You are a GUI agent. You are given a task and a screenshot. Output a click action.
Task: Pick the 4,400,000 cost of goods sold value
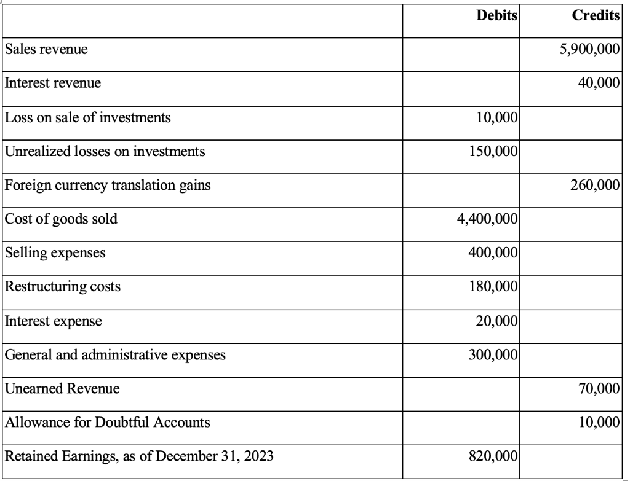[x=488, y=219]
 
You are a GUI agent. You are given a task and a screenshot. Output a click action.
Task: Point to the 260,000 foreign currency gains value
[x=595, y=185]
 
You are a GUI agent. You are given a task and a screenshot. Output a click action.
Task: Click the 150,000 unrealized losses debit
[x=494, y=151]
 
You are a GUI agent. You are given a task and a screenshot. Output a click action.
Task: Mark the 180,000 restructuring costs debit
[x=494, y=286]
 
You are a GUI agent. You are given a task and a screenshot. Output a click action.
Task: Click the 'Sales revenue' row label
[x=46, y=50]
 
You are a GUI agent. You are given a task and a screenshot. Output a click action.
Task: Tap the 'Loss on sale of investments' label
[x=87, y=118]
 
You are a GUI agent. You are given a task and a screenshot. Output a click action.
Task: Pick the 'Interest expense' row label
[x=53, y=320]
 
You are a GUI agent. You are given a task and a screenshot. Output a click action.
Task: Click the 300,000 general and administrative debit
[x=494, y=354]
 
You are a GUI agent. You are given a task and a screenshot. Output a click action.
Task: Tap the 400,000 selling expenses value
[x=494, y=252]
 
